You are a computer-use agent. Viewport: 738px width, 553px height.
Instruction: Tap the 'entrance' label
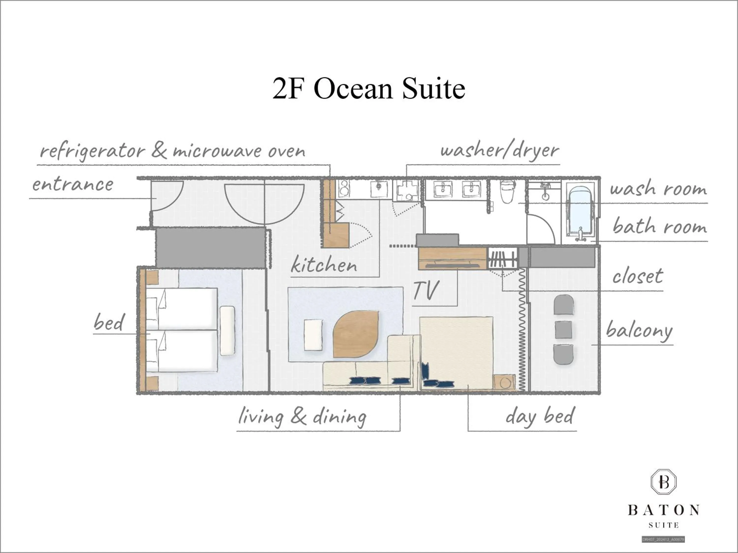pyautogui.click(x=73, y=184)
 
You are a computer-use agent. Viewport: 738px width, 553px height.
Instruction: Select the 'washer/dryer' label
pyautogui.click(x=499, y=151)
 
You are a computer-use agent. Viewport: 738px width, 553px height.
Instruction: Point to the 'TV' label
pyautogui.click(x=426, y=290)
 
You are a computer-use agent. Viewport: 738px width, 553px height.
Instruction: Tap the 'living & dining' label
pyautogui.click(x=302, y=417)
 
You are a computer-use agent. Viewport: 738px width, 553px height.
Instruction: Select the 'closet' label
pyautogui.click(x=638, y=276)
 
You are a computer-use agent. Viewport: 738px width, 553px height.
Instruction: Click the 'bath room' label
pyautogui.click(x=660, y=227)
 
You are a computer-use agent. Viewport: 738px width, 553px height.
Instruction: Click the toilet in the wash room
pyautogui.click(x=508, y=192)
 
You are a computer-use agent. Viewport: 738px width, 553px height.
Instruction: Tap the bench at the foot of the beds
pyautogui.click(x=228, y=330)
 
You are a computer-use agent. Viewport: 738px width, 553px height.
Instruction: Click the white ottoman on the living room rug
pyautogui.click(x=313, y=335)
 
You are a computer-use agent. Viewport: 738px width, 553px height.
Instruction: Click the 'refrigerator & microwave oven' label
pyautogui.click(x=172, y=151)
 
